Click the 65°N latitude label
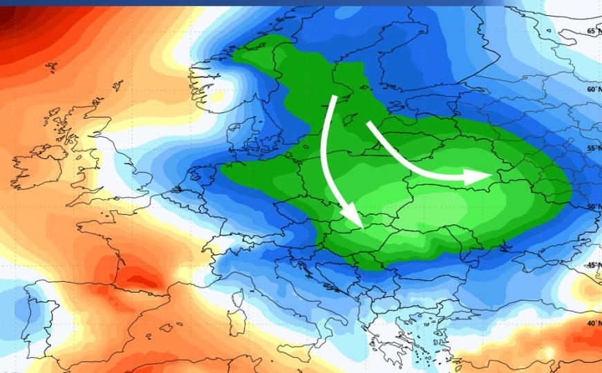tap(593, 31)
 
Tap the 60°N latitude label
tap(593, 90)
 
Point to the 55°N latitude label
tap(593, 149)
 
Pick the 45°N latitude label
tap(593, 265)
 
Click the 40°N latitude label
tap(593, 323)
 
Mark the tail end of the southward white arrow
tap(334, 99)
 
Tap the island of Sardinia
tap(235, 332)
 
